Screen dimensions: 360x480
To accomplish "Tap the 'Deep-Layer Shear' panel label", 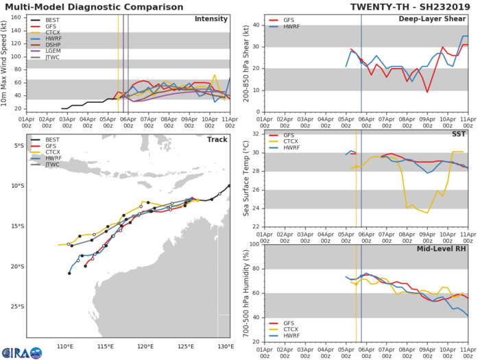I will (438, 19).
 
